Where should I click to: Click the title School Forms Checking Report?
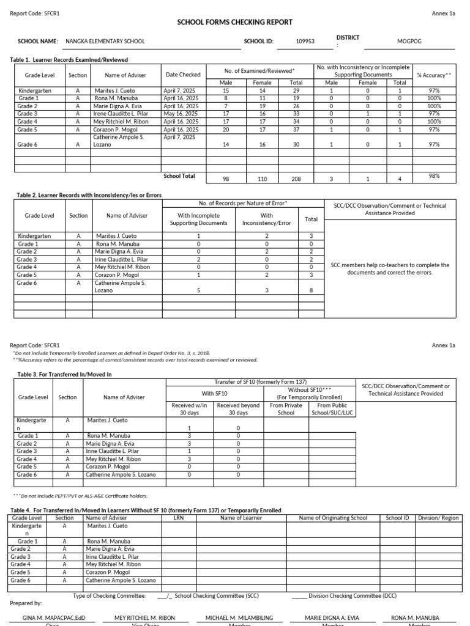[x=235, y=22]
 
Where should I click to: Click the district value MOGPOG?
[x=409, y=42]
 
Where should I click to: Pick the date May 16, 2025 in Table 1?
[x=182, y=113]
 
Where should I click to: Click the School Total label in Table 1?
[x=179, y=176]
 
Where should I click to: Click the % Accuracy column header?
[x=434, y=75]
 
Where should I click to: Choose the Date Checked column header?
[x=182, y=75]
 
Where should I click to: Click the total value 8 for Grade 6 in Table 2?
[x=311, y=290]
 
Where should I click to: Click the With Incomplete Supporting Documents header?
[x=198, y=219]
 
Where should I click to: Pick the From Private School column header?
[x=285, y=408]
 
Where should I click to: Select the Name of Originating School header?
[x=333, y=518]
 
